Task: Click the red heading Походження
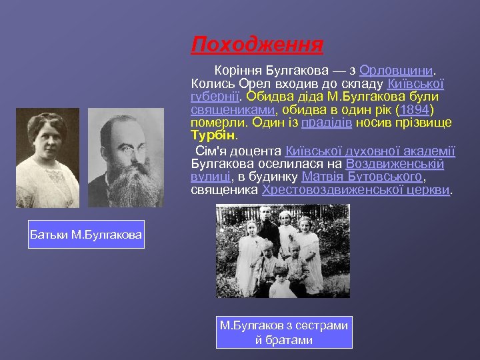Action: [257, 45]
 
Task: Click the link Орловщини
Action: [396, 70]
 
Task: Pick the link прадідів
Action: [326, 123]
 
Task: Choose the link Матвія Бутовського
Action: [363, 177]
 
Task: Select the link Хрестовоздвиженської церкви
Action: [356, 190]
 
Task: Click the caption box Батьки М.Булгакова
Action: [86, 235]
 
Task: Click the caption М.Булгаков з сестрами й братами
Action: [284, 332]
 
